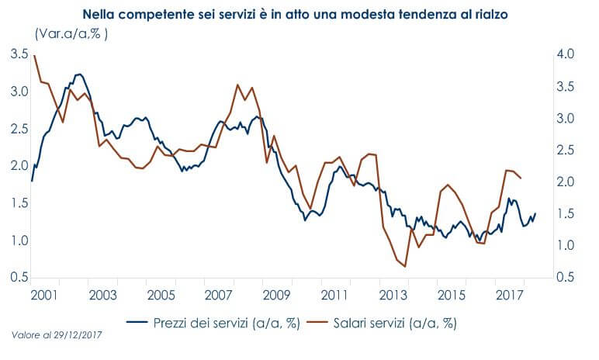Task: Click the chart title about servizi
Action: tap(299, 14)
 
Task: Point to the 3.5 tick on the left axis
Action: tap(19, 54)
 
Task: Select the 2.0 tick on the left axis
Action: tap(19, 166)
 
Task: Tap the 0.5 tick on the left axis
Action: tap(19, 278)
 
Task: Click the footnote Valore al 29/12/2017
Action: tap(58, 334)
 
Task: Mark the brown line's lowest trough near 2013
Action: tap(405, 267)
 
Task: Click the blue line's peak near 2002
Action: tap(79, 74)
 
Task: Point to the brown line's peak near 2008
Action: tap(237, 85)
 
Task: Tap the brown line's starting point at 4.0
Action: tap(35, 55)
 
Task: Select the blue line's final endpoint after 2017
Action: tap(535, 213)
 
